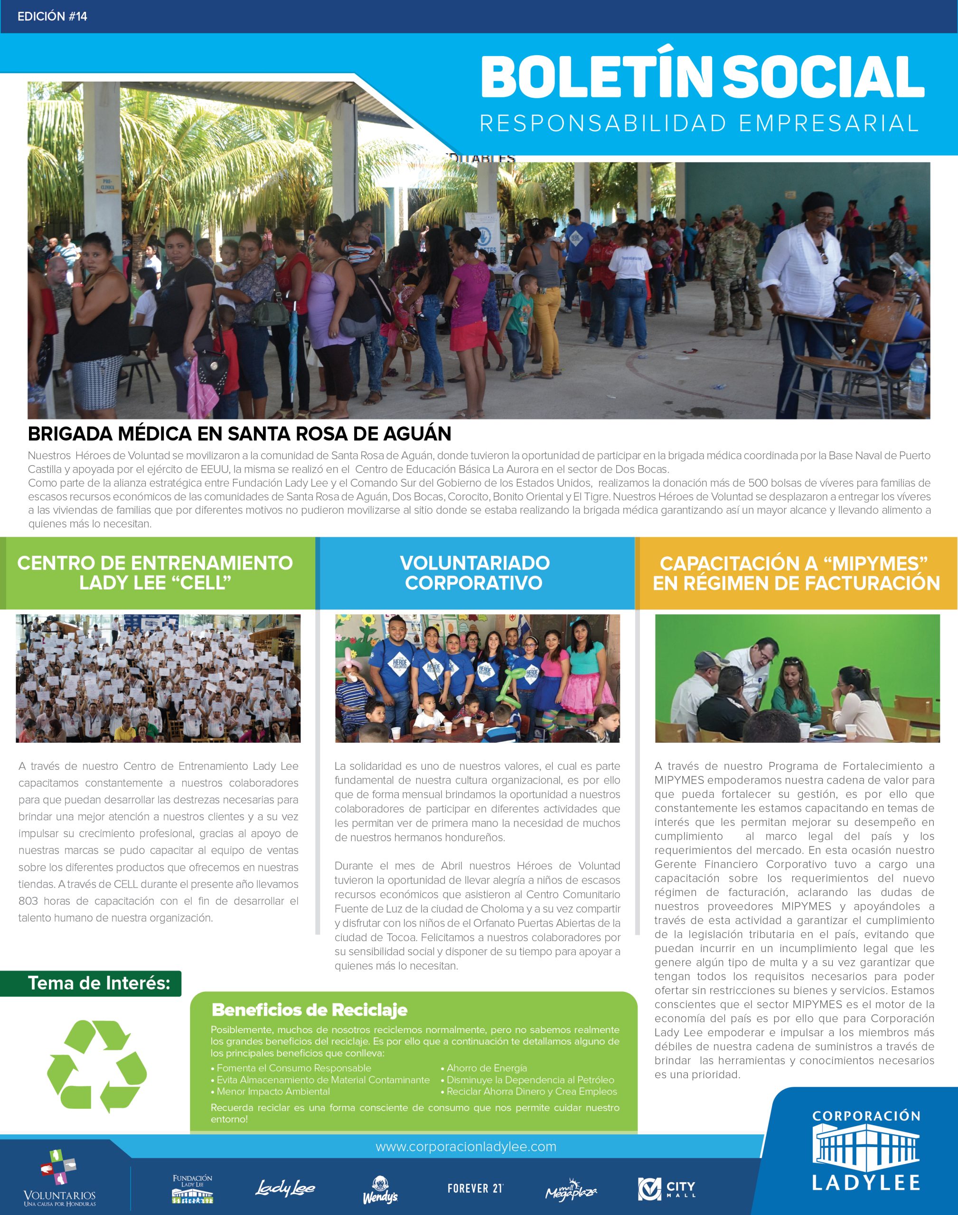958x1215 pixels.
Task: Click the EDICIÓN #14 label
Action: click(52, 16)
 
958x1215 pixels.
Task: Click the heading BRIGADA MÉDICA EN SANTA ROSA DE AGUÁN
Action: click(239, 433)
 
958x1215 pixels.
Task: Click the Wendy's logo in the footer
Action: click(380, 1190)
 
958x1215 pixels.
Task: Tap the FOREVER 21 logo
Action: click(475, 1188)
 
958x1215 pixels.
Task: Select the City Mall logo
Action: click(667, 1188)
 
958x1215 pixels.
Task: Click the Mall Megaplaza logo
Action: click(571, 1188)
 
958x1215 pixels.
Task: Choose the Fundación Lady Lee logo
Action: click(192, 1188)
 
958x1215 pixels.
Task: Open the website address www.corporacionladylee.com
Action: click(466, 1147)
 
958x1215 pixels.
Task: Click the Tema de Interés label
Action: click(99, 983)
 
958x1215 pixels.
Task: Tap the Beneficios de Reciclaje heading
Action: click(309, 1010)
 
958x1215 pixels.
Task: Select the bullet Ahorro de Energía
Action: click(486, 1068)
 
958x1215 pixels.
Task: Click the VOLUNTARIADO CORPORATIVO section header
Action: click(475, 572)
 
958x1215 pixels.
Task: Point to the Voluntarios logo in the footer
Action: click(59, 1178)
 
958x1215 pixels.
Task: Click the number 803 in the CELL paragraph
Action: click(28, 901)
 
